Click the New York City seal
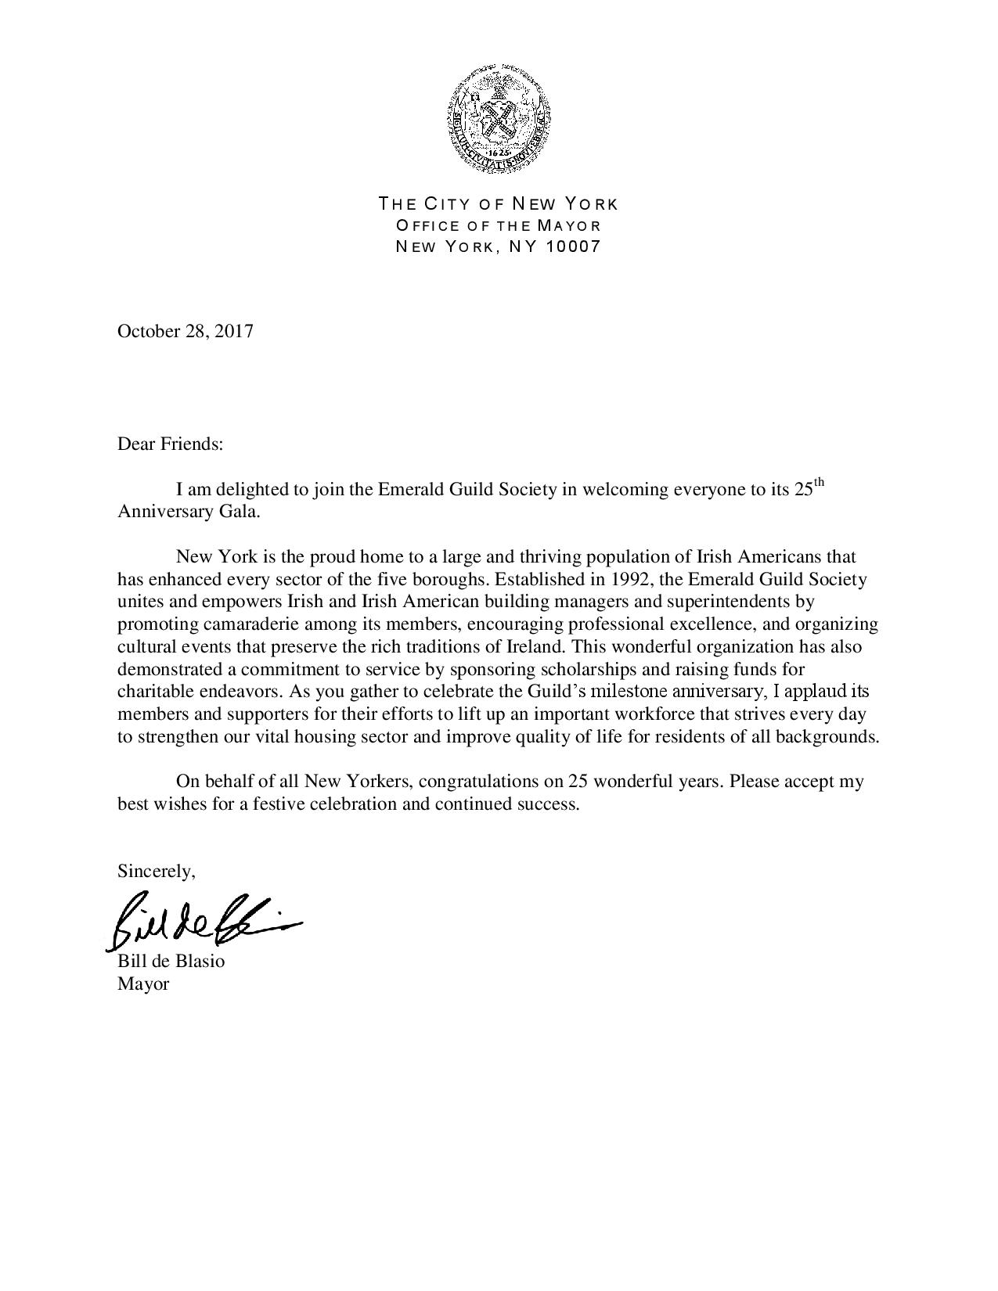point(499,117)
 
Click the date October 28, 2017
point(186,331)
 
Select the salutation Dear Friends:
point(170,444)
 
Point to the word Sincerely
point(155,871)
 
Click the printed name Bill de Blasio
point(171,961)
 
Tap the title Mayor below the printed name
point(143,984)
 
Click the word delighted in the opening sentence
point(252,490)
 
